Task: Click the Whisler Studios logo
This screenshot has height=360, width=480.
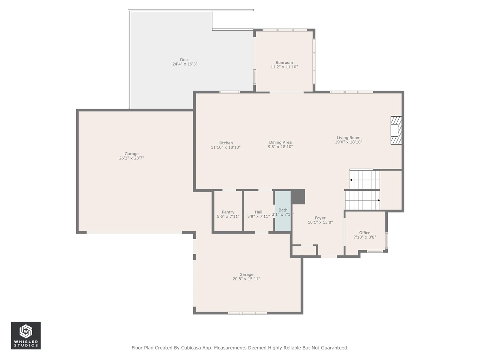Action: [x=25, y=335]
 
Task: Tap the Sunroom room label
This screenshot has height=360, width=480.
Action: [x=284, y=63]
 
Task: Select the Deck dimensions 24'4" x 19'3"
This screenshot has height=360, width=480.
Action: [x=185, y=64]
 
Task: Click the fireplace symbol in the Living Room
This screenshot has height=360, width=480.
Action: [x=396, y=130]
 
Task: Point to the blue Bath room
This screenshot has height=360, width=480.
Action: [x=283, y=211]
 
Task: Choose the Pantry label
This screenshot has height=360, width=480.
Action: [x=228, y=212]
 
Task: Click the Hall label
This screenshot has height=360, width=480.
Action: [x=258, y=212]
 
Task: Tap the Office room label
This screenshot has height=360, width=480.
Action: [x=364, y=232]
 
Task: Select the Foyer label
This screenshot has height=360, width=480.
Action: [x=320, y=218]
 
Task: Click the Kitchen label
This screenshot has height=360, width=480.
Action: [x=226, y=143]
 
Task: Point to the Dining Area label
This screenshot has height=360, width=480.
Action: [x=280, y=142]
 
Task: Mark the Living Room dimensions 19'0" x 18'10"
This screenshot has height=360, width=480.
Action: [x=348, y=142]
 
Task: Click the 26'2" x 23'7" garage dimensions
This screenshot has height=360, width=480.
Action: [x=131, y=158]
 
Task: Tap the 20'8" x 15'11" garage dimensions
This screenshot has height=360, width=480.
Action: [x=246, y=279]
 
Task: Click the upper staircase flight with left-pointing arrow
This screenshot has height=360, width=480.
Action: [x=364, y=180]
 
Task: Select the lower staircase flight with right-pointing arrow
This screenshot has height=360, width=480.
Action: [x=362, y=200]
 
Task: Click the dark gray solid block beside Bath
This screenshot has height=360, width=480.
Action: [x=298, y=196]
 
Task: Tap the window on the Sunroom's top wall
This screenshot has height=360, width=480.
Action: [x=285, y=30]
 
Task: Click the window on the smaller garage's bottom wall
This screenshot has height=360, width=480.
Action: [x=247, y=313]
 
